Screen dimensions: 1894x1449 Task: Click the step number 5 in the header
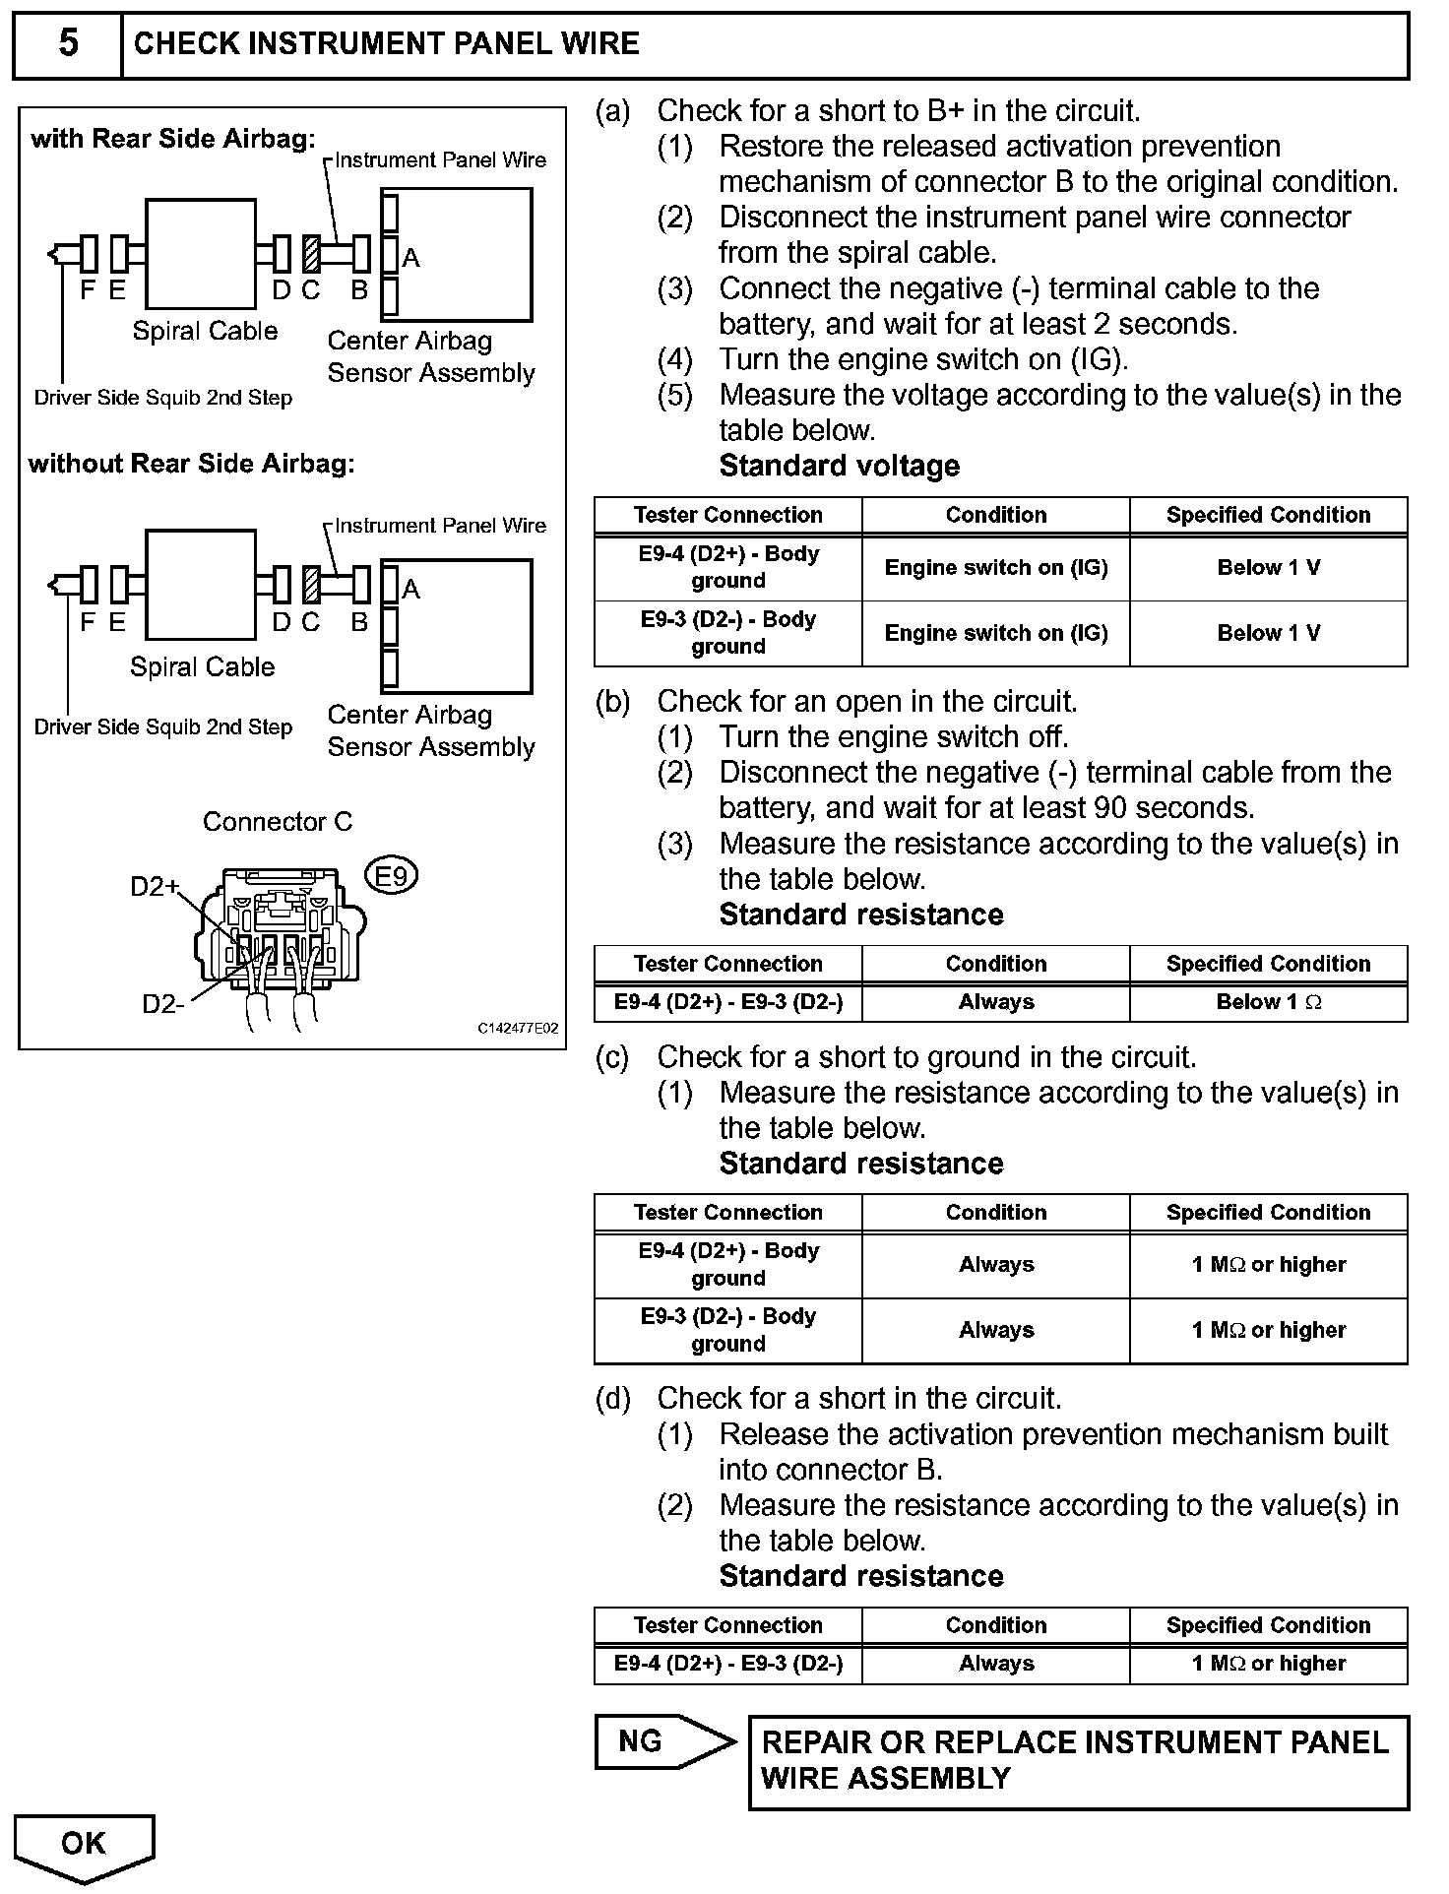point(68,43)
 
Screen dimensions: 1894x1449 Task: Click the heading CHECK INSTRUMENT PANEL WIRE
point(386,43)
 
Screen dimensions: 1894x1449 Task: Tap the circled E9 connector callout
point(392,875)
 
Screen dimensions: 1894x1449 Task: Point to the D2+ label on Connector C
point(155,887)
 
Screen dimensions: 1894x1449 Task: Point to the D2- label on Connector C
point(162,1004)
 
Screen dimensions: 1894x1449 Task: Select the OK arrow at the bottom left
point(84,1845)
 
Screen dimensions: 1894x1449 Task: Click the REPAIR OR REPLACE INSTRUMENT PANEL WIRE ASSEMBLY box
point(1078,1761)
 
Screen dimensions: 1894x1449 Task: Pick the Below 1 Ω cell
point(1268,1002)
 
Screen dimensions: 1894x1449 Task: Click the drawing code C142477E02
point(518,1029)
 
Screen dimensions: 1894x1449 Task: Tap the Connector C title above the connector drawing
point(277,822)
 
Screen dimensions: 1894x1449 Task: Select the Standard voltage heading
point(839,466)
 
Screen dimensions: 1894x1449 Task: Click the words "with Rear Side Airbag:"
point(173,139)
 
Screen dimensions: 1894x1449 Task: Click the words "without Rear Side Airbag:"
point(191,464)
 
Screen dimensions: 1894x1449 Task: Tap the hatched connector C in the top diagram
point(311,254)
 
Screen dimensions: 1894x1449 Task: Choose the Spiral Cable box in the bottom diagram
point(201,586)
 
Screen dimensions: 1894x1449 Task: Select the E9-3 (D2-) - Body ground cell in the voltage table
point(727,633)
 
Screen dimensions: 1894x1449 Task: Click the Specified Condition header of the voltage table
point(1268,515)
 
